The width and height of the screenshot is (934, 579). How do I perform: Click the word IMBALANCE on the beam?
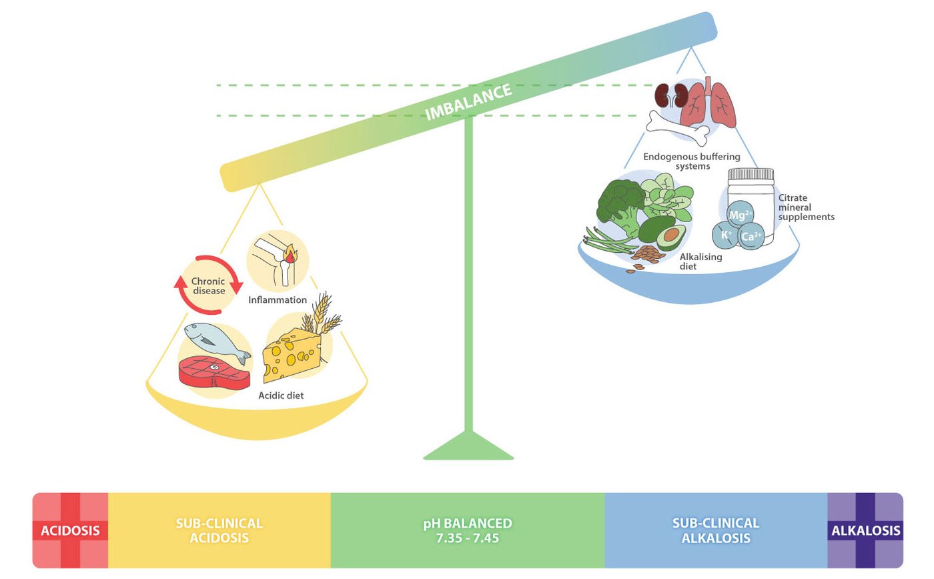[468, 102]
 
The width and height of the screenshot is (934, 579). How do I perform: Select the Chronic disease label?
[208, 285]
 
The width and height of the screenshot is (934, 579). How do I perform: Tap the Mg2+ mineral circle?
[741, 215]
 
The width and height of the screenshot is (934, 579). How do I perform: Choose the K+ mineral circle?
[726, 234]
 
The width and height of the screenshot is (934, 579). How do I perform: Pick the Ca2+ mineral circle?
[753, 235]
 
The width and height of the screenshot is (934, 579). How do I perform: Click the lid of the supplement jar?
[751, 175]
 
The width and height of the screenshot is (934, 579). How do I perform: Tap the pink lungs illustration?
[709, 105]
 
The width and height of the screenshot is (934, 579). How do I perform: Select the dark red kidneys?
[670, 95]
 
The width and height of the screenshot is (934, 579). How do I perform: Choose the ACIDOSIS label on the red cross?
[70, 531]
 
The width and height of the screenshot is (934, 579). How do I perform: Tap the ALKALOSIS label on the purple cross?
[865, 531]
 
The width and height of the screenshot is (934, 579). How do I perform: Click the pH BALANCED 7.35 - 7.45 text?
[468, 531]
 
